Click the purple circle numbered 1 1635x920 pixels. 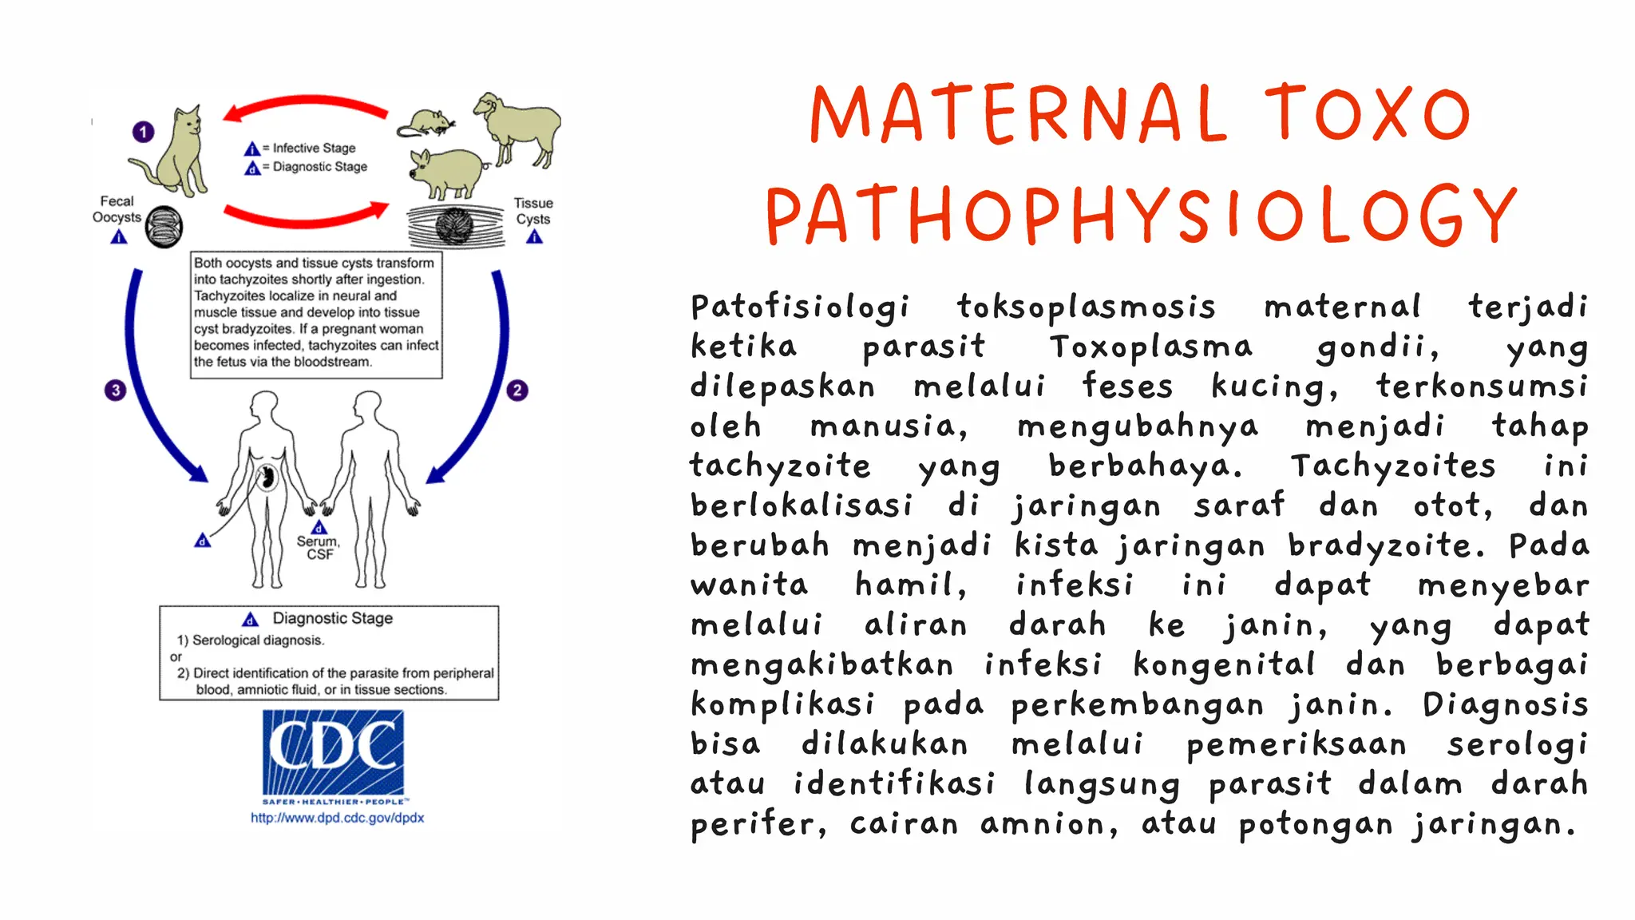[143, 132]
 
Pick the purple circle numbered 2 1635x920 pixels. [517, 391]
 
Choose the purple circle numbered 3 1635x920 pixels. [116, 391]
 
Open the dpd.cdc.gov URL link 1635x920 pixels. [337, 818]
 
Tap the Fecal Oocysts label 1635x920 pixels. [117, 209]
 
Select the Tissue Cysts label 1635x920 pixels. [533, 211]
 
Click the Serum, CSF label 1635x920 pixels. [319, 547]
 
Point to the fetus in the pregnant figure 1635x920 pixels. [267, 478]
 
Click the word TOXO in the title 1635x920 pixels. [1367, 114]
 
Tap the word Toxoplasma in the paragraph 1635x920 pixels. [1150, 347]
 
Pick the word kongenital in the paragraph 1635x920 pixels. [1224, 664]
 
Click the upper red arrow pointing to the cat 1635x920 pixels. [306, 106]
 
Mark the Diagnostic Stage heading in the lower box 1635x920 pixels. [332, 618]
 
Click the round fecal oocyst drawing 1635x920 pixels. [164, 227]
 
